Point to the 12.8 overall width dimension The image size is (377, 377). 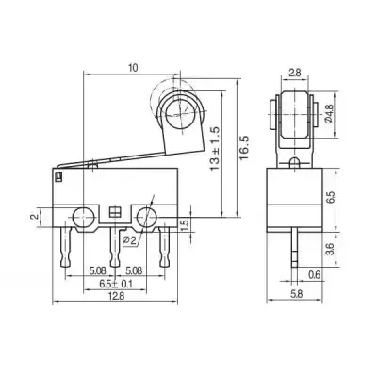point(114,295)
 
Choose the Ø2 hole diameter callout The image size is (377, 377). point(130,239)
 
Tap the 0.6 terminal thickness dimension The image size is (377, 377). point(314,274)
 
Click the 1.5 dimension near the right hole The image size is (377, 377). point(185,224)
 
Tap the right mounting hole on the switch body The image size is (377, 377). point(146,217)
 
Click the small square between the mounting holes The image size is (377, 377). point(115,212)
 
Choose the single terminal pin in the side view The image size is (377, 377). point(294,250)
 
